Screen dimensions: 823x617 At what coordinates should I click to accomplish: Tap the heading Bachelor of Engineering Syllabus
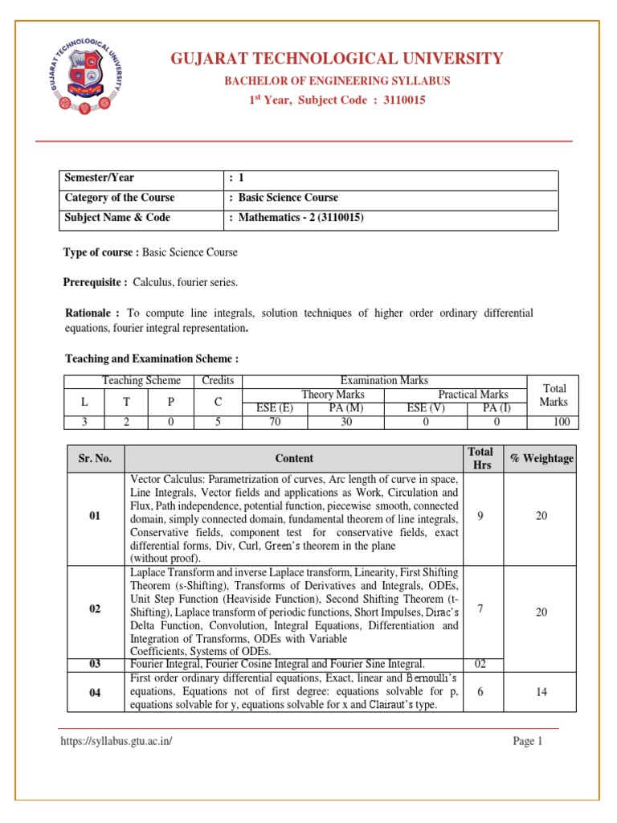coord(337,80)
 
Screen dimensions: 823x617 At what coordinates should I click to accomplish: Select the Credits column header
coord(218,381)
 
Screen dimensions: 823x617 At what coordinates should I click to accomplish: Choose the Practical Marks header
coord(472,394)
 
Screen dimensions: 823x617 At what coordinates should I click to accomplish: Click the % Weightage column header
coord(541,458)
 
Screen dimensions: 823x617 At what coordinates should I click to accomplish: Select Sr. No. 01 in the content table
coord(95,517)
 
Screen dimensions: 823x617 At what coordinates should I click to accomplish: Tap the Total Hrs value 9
coord(480,516)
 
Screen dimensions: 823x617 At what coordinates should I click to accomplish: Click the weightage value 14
coord(541,691)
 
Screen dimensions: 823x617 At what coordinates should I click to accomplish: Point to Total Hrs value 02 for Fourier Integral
coord(480,664)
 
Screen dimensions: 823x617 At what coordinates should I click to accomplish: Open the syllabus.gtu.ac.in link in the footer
coord(116,741)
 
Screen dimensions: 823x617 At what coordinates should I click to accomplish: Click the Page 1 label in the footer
coord(529,741)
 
